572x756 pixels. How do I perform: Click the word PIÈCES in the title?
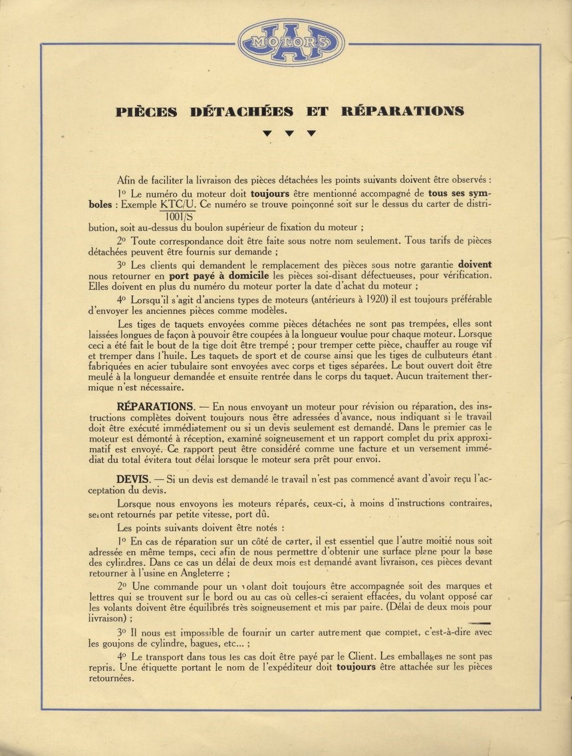(146, 111)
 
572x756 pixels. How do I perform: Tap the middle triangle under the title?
(289, 134)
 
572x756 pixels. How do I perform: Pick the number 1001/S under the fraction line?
(178, 215)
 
